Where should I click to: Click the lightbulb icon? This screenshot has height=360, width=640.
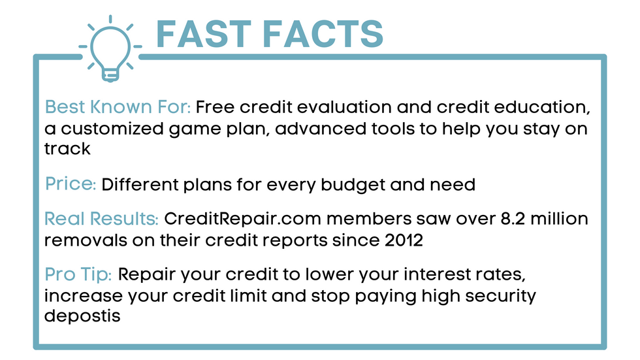110,48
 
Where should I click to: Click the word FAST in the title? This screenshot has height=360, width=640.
204,34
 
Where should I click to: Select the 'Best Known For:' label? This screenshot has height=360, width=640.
118,107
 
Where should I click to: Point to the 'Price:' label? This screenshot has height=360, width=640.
71,184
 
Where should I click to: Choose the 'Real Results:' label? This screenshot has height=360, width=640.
101,219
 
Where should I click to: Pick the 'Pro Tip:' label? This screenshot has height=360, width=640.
78,274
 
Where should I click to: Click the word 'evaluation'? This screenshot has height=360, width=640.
344,107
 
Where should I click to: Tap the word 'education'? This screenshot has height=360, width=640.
542,107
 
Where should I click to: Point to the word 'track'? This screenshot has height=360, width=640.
67,148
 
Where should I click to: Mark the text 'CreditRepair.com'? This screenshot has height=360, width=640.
242,219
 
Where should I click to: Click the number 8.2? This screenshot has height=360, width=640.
513,219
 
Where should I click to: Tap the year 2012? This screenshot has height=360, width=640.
404,240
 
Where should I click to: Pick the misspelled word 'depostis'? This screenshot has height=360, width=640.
82,316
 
